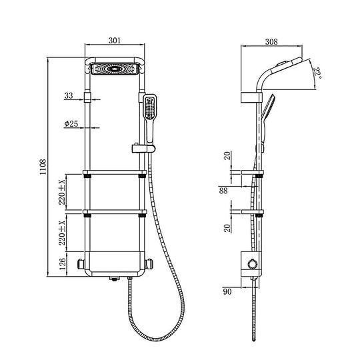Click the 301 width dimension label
[115, 41]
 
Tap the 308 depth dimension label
[271, 42]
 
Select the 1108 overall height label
[43, 167]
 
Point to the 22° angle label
[318, 73]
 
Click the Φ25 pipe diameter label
[71, 124]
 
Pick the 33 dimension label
[69, 95]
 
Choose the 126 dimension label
[62, 264]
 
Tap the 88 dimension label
[223, 191]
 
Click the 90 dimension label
[227, 291]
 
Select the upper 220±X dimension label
[62, 192]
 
